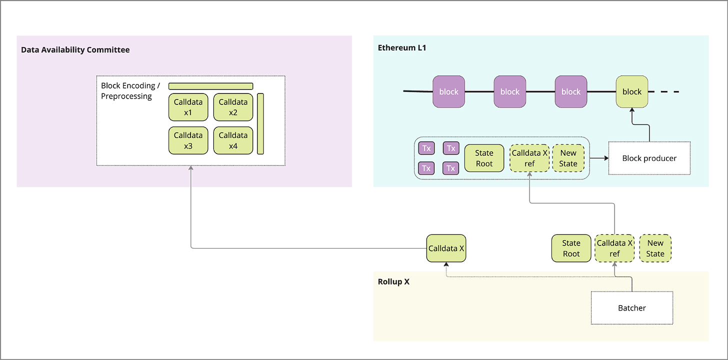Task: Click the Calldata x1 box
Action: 188,107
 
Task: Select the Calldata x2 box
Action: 233,107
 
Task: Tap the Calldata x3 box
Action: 188,140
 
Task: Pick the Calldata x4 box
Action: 233,140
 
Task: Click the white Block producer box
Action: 649,158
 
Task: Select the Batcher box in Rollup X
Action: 631,307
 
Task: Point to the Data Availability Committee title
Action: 75,50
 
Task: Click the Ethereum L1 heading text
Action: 402,48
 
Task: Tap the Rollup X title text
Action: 394,281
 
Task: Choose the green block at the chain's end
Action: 631,91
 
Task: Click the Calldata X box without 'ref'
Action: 446,248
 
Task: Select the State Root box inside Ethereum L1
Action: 484,158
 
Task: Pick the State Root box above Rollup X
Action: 571,248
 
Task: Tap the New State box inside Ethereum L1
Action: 568,158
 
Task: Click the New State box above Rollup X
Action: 655,248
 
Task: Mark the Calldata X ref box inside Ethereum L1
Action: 529,158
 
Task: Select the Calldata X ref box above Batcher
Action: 614,248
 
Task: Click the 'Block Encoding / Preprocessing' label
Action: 130,91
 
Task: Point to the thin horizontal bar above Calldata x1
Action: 210,86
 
